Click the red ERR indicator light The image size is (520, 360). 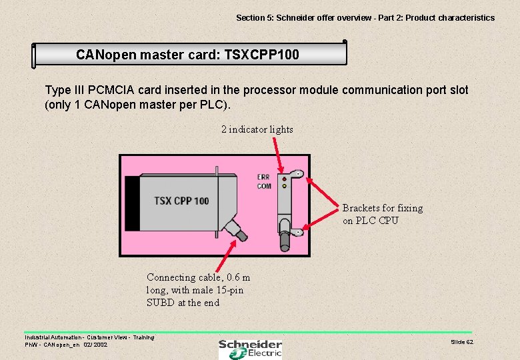click(284, 179)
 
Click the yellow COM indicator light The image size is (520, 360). click(284, 186)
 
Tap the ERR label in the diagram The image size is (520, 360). click(263, 177)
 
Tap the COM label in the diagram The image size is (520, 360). click(264, 186)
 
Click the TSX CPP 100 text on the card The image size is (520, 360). click(181, 201)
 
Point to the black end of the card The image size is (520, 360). click(133, 202)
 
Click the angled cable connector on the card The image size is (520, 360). click(235, 230)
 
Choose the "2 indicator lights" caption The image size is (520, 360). click(257, 129)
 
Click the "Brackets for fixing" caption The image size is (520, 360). click(383, 208)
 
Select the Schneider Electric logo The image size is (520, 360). click(251, 348)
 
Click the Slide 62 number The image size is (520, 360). click(462, 341)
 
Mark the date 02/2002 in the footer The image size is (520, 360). click(95, 345)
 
